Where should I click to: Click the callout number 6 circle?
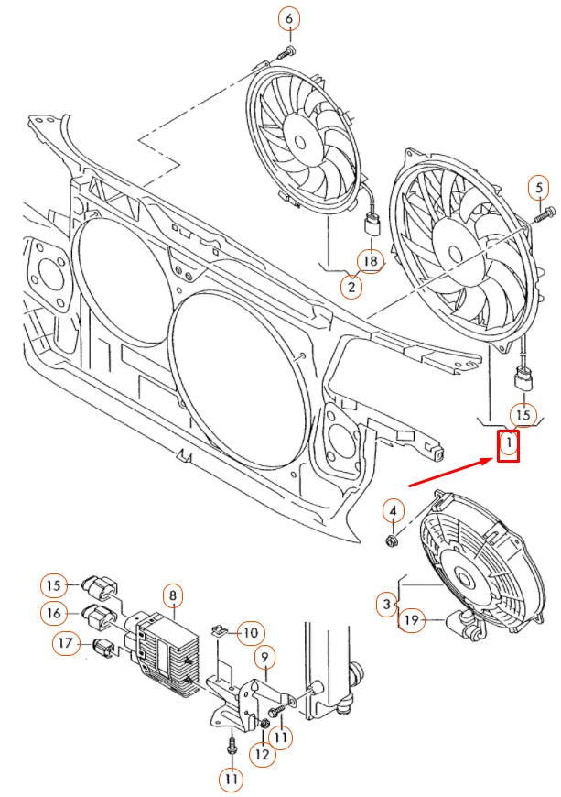coord(289,18)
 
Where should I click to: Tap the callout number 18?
coord(370,261)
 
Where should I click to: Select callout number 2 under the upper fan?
coord(350,287)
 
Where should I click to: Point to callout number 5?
coord(539,189)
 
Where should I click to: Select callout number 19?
coord(412,621)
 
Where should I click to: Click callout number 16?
coord(54,612)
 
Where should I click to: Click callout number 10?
coord(251,631)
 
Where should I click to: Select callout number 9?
coord(264,656)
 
